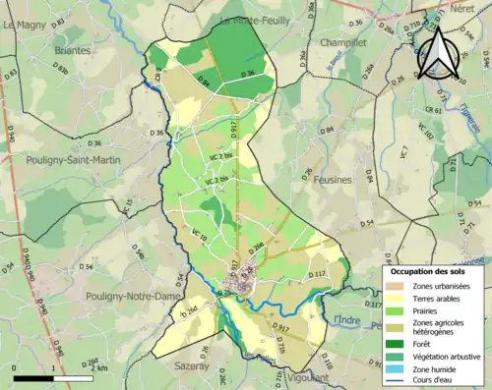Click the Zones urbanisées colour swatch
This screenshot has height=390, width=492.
pos(396,286)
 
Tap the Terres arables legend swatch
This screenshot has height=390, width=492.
pos(396,299)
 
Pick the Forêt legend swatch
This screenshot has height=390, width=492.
pos(396,343)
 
